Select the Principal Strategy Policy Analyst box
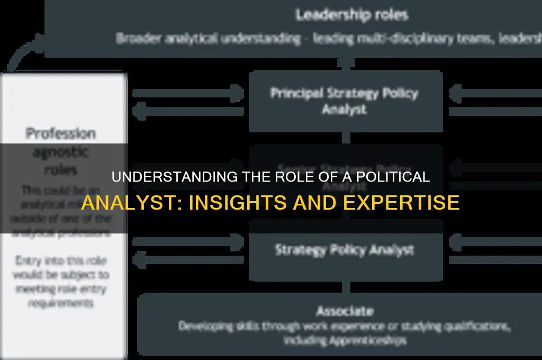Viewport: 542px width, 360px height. point(345,101)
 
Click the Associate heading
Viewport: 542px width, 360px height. point(345,311)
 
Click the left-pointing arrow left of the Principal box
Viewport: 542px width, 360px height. point(188,111)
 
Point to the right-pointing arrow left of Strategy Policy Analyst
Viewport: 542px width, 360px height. point(188,242)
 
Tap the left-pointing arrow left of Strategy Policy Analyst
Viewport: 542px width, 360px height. point(188,260)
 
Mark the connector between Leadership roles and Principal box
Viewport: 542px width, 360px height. point(346,64)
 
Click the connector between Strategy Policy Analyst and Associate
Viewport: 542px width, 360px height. point(346,287)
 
